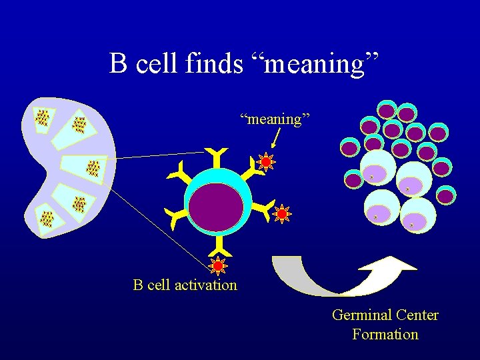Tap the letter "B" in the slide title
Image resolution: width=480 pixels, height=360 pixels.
pyautogui.click(x=119, y=64)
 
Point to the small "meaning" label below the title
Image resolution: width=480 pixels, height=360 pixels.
pyautogui.click(x=275, y=119)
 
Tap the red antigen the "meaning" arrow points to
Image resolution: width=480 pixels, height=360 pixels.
pyautogui.click(x=265, y=162)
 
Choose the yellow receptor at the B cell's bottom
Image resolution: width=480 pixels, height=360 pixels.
pyautogui.click(x=217, y=251)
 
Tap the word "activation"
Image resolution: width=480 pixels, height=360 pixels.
pyautogui.click(x=207, y=285)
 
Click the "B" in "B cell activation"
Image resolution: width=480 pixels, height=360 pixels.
pyautogui.click(x=138, y=285)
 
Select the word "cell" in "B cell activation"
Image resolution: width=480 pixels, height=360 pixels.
pyautogui.click(x=159, y=285)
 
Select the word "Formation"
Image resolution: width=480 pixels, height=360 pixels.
pyautogui.click(x=385, y=334)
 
